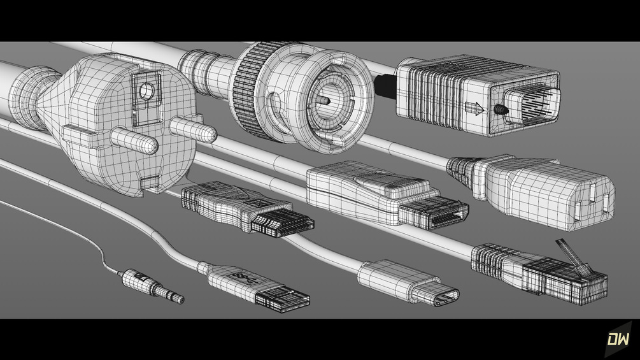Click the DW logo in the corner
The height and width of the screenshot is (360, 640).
click(618, 339)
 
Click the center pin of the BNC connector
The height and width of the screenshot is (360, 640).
click(324, 101)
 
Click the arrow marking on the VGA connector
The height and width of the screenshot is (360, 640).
click(474, 108)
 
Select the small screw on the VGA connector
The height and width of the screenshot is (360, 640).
click(501, 110)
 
